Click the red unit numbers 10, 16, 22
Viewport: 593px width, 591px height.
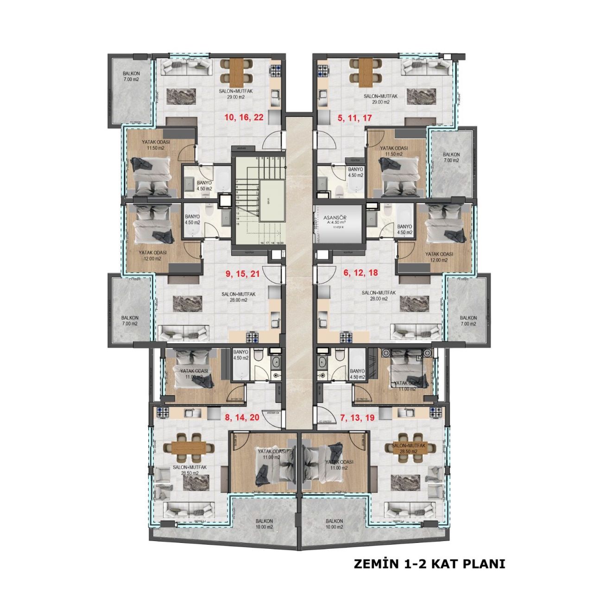[x=244, y=118]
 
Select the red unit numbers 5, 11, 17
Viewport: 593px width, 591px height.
[x=355, y=118]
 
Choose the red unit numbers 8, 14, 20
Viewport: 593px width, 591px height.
[x=242, y=417]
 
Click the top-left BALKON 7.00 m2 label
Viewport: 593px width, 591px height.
[x=131, y=76]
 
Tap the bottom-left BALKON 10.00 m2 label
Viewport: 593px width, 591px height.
[x=265, y=524]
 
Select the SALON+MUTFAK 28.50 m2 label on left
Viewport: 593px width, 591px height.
[x=185, y=470]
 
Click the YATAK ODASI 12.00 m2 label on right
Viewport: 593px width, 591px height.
[x=439, y=257]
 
